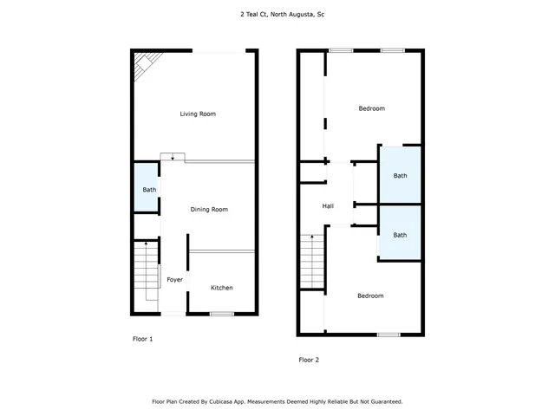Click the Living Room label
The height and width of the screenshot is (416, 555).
[x=198, y=114]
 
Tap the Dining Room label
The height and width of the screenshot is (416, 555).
[x=209, y=210]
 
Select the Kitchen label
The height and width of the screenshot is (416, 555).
[x=222, y=288]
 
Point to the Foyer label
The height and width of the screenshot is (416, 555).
[x=175, y=280]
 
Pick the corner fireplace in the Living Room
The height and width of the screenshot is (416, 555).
[x=145, y=64]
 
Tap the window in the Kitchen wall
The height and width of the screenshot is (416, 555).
[x=222, y=313]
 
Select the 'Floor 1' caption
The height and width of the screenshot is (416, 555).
[x=141, y=339]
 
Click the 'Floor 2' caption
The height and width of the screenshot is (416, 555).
[x=310, y=359]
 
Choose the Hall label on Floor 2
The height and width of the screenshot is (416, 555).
[x=328, y=206]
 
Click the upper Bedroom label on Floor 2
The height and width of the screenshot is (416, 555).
[x=371, y=108]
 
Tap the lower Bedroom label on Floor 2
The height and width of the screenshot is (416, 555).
[x=370, y=296]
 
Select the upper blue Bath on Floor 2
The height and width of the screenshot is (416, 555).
[x=400, y=176]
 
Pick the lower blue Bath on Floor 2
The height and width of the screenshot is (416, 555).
[x=400, y=235]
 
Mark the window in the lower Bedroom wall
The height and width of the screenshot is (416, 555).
[x=388, y=335]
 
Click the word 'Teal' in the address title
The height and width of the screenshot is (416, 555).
[x=256, y=15]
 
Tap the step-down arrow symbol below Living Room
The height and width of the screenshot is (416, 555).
[x=173, y=157]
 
